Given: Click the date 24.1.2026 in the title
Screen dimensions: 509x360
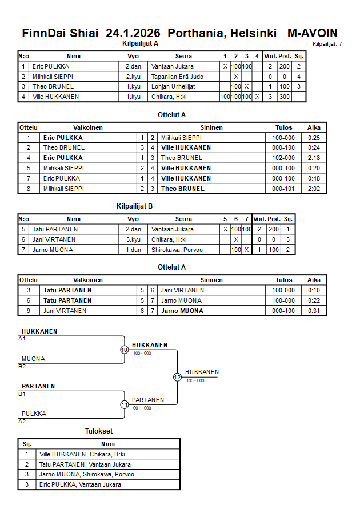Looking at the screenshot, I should click(133, 33).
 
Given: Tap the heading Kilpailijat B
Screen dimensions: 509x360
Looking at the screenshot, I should click(134, 206).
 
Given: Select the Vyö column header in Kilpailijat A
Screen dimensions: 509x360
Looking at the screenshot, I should click(133, 56).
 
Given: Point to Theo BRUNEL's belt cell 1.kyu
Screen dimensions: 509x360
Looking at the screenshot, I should click(133, 86).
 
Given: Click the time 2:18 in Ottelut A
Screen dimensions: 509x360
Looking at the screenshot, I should click(314, 158).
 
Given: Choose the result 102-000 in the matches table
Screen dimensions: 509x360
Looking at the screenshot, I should click(283, 158).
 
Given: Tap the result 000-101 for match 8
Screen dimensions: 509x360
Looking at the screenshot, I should click(283, 189).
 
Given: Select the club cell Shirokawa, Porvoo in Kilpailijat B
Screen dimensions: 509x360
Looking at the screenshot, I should click(177, 250).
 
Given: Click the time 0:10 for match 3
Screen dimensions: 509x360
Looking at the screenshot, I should click(314, 290).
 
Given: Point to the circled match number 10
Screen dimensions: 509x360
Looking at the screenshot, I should click(124, 350).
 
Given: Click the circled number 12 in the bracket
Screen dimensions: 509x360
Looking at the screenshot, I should click(177, 377).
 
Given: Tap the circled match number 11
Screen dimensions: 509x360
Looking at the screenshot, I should click(124, 404).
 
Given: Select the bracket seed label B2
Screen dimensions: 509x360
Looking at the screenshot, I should click(22, 366).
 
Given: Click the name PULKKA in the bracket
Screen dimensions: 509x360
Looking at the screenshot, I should click(34, 414).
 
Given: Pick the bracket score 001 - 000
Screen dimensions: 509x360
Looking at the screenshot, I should click(142, 408).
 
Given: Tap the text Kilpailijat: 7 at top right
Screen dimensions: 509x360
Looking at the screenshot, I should click(327, 43).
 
